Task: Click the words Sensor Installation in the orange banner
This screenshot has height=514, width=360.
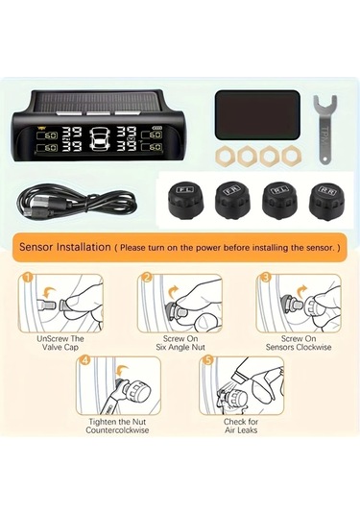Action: click(62, 247)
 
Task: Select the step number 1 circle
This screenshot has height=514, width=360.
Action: click(28, 279)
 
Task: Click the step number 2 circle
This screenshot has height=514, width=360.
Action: click(147, 279)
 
